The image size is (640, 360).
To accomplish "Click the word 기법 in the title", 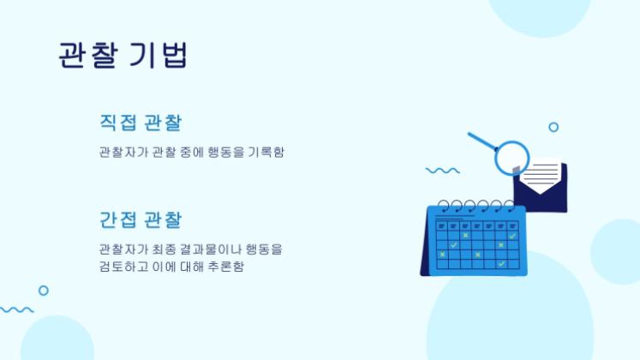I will click(x=158, y=55).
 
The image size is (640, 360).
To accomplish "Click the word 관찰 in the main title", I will click(x=86, y=55).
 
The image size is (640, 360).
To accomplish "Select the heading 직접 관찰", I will click(x=141, y=123).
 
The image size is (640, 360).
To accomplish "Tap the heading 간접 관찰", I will click(x=141, y=219).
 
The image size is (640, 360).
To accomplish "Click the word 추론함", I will click(x=238, y=267).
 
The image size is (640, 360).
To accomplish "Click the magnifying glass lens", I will click(x=512, y=158).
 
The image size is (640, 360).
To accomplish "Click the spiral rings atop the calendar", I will click(x=475, y=206).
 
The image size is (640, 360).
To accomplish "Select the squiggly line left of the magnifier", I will click(x=442, y=171).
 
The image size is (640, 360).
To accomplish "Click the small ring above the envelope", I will click(x=553, y=127).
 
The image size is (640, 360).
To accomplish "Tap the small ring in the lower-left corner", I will click(x=44, y=291).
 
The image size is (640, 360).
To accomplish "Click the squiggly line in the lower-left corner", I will click(x=17, y=309).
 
